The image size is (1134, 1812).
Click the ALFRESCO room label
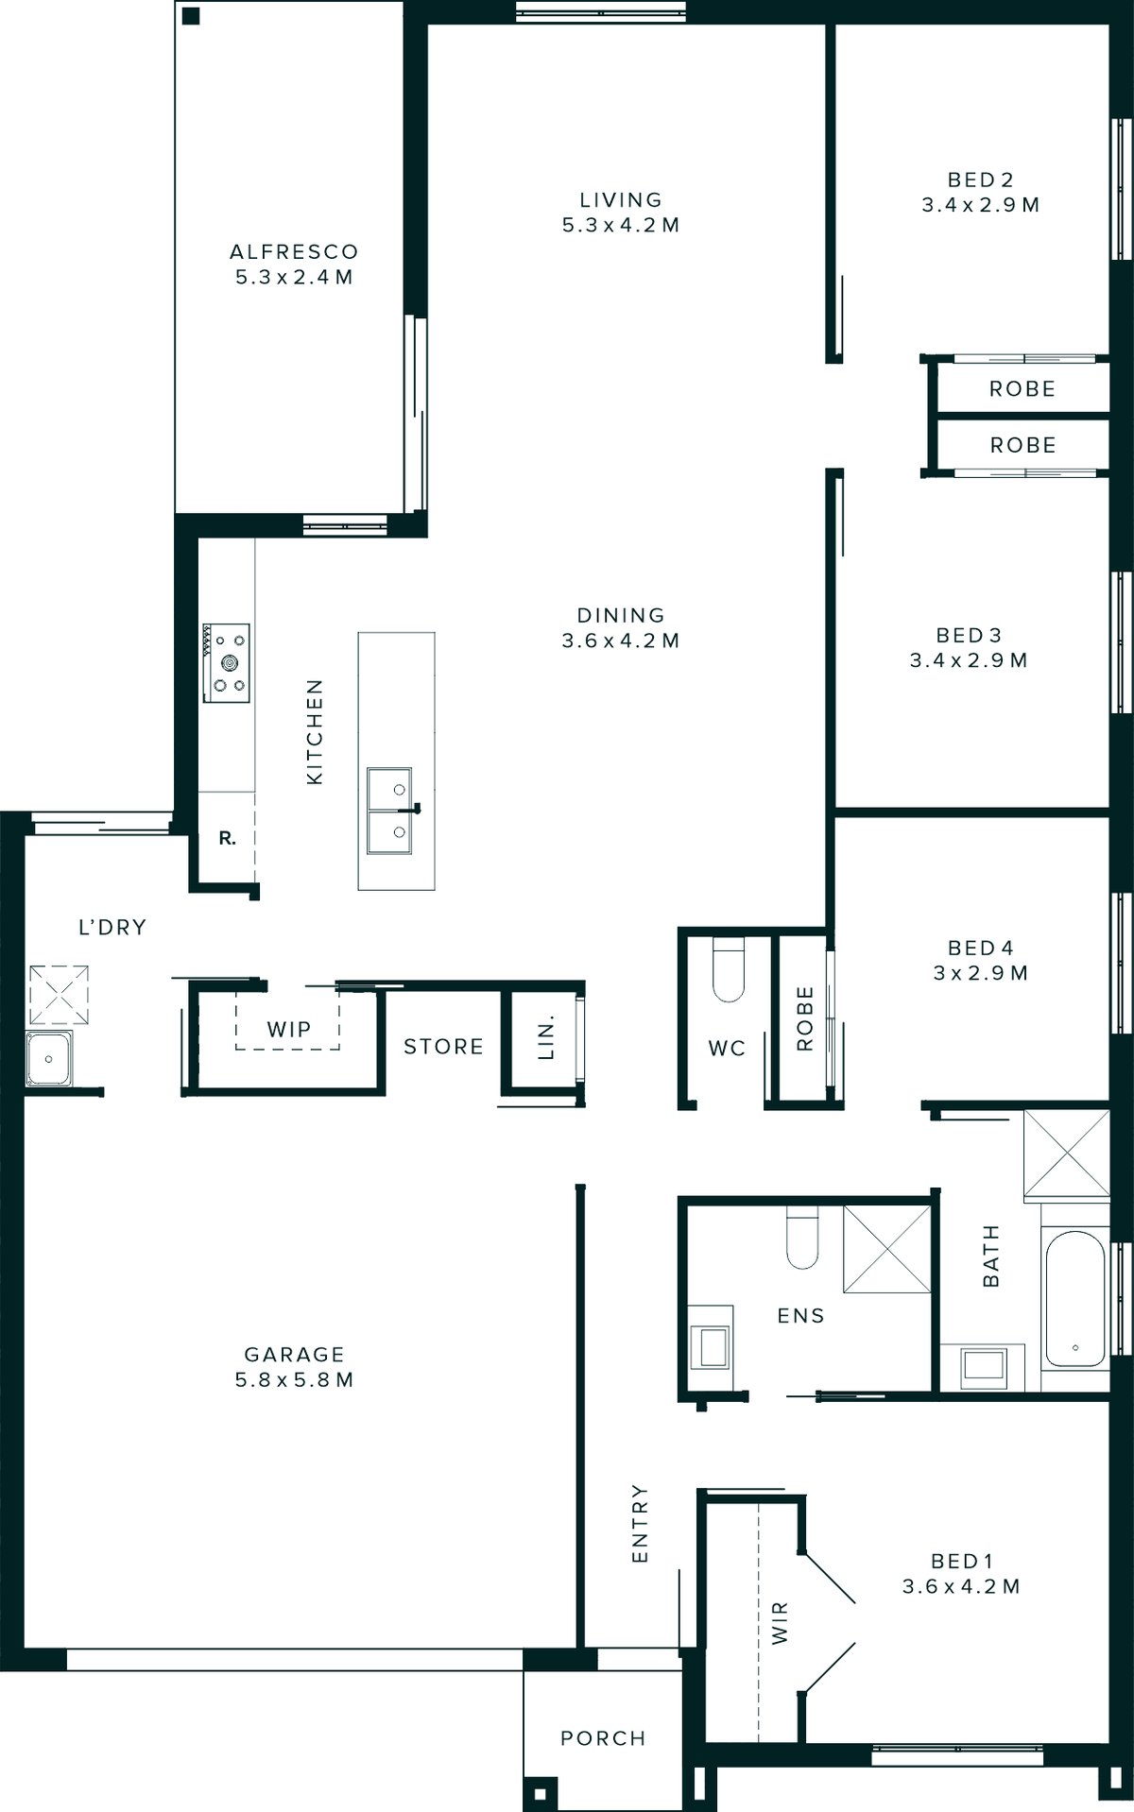[x=294, y=252]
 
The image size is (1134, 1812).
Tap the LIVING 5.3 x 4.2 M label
[x=621, y=213]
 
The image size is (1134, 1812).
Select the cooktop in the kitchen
[x=227, y=662]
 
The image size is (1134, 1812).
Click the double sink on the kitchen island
[x=389, y=810]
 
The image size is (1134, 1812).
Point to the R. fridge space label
[x=227, y=838]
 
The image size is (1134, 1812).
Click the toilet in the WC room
[x=729, y=971]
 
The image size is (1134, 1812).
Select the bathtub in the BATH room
[x=1074, y=1298]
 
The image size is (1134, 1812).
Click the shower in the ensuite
[x=886, y=1248]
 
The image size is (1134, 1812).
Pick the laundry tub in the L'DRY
[x=49, y=1059]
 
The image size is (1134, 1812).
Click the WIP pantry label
[x=289, y=1029]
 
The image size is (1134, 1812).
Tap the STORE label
[x=443, y=1047]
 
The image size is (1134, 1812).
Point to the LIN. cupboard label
[x=546, y=1038]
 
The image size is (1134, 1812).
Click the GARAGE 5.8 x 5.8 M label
[x=294, y=1366]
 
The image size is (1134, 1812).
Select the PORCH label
[x=603, y=1738]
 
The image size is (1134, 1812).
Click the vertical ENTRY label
[x=640, y=1523]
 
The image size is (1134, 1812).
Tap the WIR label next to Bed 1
[x=780, y=1623]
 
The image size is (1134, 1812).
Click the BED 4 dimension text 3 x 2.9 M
[x=980, y=973]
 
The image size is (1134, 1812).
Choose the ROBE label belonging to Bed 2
[x=1022, y=389]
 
